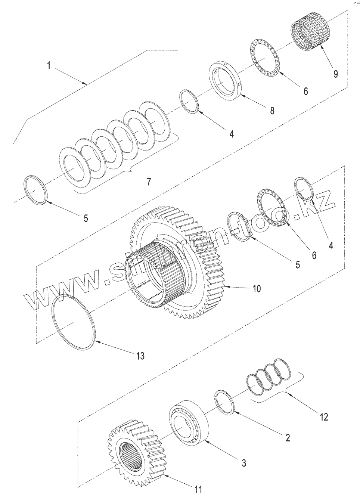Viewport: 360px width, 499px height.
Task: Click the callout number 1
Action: [x=49, y=66]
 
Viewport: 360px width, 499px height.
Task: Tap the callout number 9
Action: [x=336, y=74]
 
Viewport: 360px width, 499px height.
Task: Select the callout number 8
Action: [x=272, y=110]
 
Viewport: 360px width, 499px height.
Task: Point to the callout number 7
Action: [x=149, y=182]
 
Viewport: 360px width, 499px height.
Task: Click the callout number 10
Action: [x=257, y=288]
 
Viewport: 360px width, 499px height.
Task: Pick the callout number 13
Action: [x=140, y=355]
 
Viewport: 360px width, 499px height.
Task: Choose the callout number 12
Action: [x=324, y=416]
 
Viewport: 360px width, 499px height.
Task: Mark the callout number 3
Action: [x=243, y=464]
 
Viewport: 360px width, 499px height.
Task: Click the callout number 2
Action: [x=288, y=437]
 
